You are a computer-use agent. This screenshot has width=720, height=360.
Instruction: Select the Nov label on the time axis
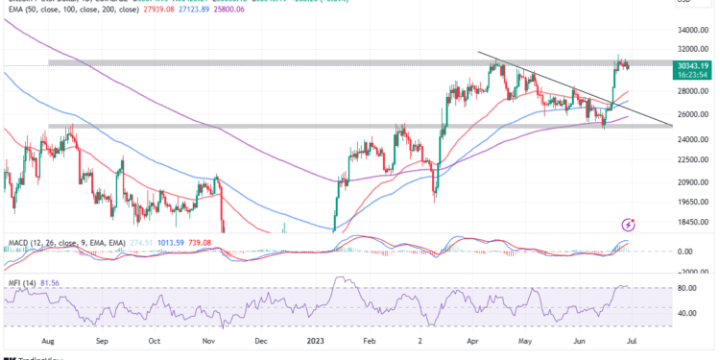pyautogui.click(x=208, y=339)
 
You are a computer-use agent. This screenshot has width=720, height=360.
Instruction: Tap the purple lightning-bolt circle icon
pyautogui.click(x=629, y=222)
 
